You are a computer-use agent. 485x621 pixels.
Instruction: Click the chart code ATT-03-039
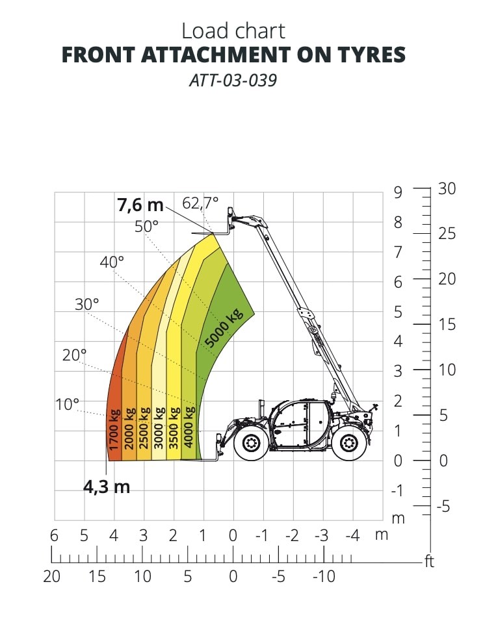coord(233,81)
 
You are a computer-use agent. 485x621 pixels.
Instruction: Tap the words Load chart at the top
coord(233,31)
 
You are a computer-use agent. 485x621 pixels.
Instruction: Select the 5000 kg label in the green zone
coord(224,328)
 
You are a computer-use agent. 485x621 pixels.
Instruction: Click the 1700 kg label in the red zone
coord(114,430)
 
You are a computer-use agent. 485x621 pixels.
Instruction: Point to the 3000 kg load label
coord(159,427)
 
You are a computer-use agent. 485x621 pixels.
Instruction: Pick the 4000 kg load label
coord(189,427)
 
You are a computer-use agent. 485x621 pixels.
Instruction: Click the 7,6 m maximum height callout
coord(140,205)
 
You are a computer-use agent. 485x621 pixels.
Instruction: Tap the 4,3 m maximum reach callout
coord(107,487)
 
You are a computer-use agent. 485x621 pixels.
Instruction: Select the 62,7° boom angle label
coord(200,203)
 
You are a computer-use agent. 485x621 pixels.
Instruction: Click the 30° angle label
coord(86,305)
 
